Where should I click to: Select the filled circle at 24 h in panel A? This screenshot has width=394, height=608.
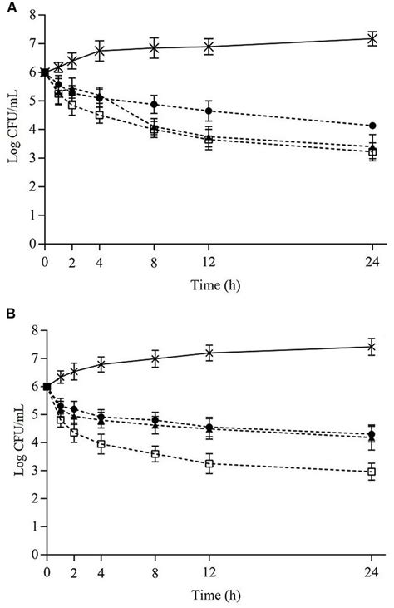coord(372,126)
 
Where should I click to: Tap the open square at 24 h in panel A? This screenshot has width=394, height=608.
coord(372,152)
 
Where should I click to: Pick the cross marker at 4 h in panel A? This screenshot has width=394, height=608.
coord(100,51)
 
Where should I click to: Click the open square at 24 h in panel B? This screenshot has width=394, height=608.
coord(372,472)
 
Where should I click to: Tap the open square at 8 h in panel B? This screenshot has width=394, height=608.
coord(155,454)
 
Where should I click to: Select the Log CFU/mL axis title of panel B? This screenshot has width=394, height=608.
coord(14,462)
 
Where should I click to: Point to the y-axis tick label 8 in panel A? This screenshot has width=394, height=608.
coord(31,16)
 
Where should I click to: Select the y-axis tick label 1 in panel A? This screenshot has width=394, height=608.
coord(31,215)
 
